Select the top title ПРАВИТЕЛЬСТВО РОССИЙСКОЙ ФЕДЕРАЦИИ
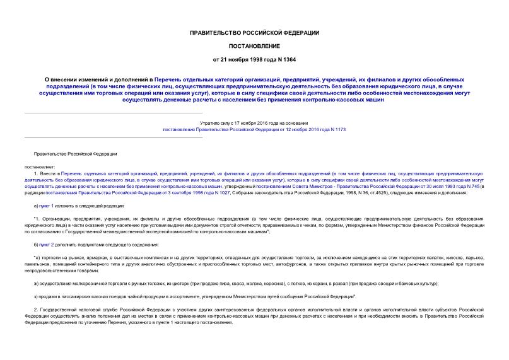(x=254, y=32)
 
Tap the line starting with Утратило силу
(x=254, y=122)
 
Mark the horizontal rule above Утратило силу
(x=114, y=112)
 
